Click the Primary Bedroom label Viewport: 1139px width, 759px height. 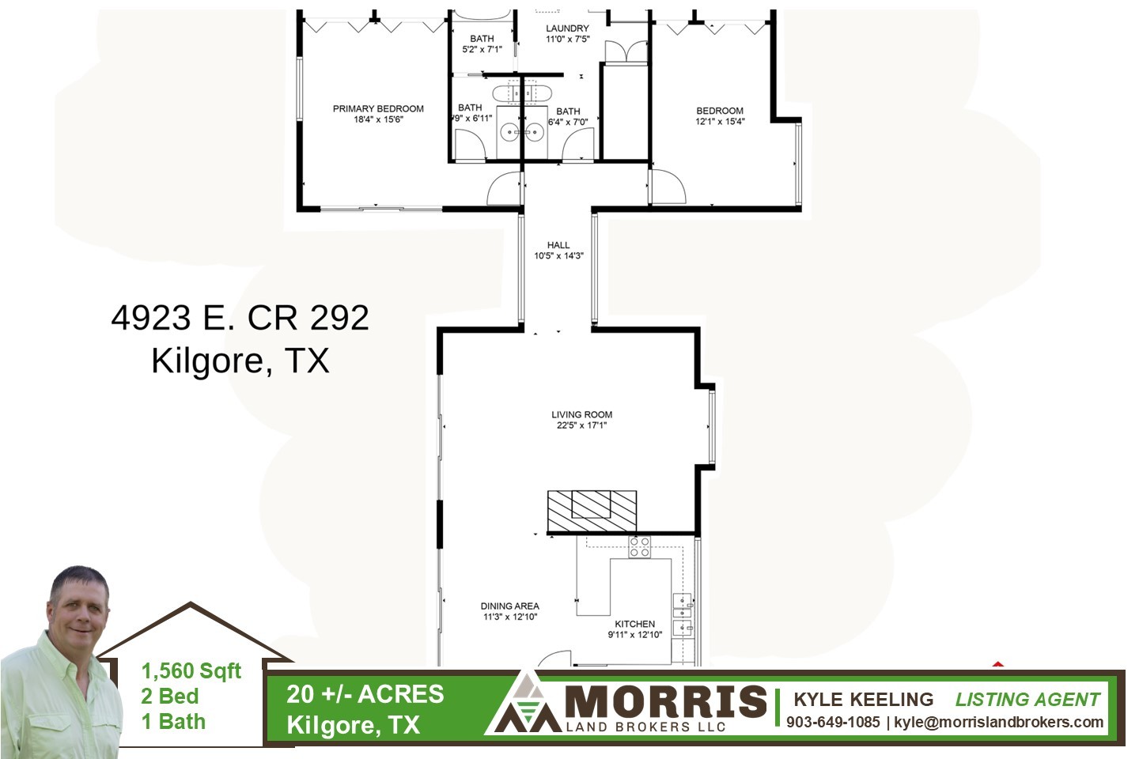point(378,109)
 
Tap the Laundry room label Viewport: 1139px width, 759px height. point(567,28)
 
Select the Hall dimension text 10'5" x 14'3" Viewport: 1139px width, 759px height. point(558,255)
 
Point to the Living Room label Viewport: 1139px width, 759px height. point(581,414)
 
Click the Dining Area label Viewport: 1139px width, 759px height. point(509,606)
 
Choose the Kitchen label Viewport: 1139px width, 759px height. point(634,624)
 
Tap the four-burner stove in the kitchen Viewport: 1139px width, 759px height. point(639,548)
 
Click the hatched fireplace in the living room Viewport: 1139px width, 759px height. point(592,512)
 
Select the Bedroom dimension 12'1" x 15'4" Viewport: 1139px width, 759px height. point(720,122)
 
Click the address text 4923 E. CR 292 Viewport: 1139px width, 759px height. point(240,318)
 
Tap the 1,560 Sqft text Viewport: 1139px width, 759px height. point(191,671)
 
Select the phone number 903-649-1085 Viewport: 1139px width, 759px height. point(833,722)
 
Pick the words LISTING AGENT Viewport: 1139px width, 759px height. point(1027,700)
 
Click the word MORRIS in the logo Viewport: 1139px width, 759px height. point(666,701)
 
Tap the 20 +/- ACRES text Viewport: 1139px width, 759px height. point(365,694)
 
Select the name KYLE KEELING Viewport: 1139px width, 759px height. point(864,700)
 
